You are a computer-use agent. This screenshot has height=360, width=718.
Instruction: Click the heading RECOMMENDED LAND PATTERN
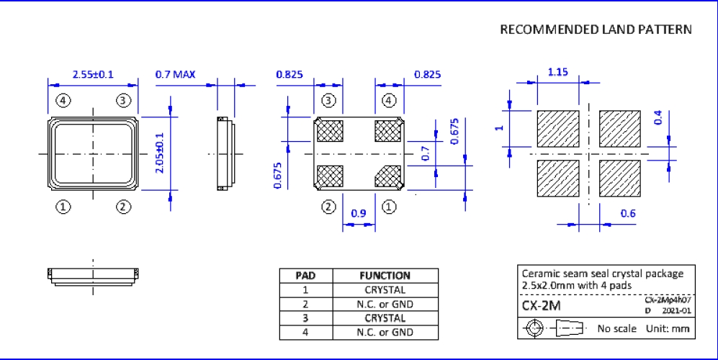coord(596,30)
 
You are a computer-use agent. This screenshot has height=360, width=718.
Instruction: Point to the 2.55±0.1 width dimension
coord(94,74)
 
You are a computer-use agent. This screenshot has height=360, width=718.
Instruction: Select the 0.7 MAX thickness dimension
coord(175,74)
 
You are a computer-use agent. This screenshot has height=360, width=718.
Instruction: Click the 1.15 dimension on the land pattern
coord(558,72)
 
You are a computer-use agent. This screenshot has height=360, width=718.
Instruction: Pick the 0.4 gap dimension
coord(657,117)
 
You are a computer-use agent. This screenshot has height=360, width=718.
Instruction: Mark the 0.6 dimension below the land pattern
coord(629,213)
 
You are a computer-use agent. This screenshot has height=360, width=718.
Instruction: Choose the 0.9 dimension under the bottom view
coord(358,214)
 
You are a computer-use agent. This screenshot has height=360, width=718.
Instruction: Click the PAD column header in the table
coord(306,275)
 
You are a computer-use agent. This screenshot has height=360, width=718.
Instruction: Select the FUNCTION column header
coord(385,275)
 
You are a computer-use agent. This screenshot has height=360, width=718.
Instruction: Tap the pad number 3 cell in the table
coord(306,318)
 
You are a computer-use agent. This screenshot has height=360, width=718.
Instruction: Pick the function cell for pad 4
coord(385,332)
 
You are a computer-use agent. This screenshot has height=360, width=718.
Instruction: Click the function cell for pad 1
coord(385,289)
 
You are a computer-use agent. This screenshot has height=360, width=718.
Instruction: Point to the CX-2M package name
coord(541,306)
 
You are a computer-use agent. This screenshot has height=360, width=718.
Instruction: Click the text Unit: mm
coord(670,329)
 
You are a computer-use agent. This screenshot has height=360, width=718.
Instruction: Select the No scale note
coord(617,329)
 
